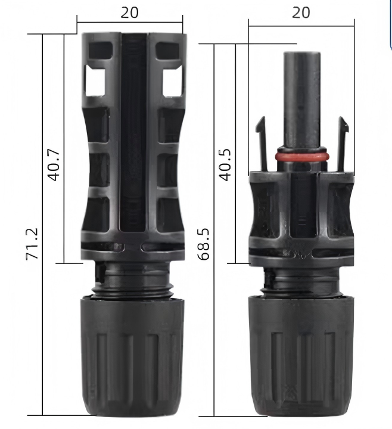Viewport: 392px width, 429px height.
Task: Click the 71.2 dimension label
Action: tap(32, 244)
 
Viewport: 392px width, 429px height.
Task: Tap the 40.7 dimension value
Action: tap(54, 165)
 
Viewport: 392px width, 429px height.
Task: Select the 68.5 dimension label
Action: tap(203, 244)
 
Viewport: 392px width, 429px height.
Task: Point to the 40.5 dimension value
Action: tap(225, 164)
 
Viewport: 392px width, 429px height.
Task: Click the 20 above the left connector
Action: tap(130, 13)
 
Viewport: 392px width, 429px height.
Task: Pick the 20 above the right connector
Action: tap(301, 13)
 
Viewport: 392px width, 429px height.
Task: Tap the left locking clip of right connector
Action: tap(262, 144)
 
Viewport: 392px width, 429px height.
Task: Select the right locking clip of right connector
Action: tap(343, 144)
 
